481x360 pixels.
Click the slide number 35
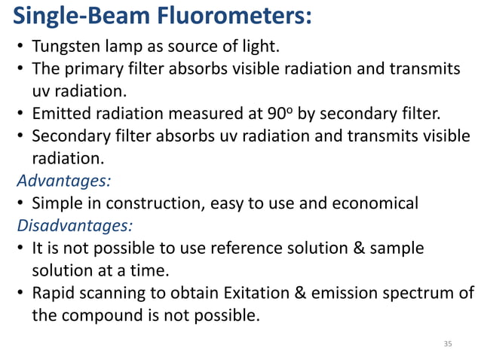coord(448,343)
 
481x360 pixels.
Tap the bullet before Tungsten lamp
coord(21,50)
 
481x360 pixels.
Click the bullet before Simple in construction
coord(21,203)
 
